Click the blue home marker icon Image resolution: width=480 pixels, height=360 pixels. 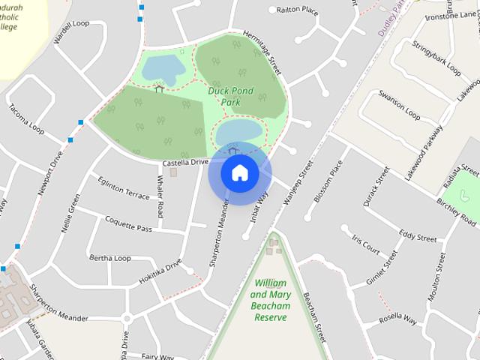click(x=239, y=173)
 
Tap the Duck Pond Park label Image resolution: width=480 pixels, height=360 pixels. click(x=231, y=97)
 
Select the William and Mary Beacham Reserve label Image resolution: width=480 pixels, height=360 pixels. click(x=271, y=300)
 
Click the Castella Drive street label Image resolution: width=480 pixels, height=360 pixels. click(x=184, y=162)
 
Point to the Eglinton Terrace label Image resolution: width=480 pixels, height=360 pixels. click(x=124, y=187)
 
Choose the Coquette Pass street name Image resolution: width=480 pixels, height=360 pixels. click(x=127, y=224)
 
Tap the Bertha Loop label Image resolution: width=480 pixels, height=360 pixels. click(x=110, y=258)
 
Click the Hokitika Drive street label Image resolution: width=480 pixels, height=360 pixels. click(x=160, y=272)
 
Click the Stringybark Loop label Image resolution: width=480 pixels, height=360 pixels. click(x=436, y=58)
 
